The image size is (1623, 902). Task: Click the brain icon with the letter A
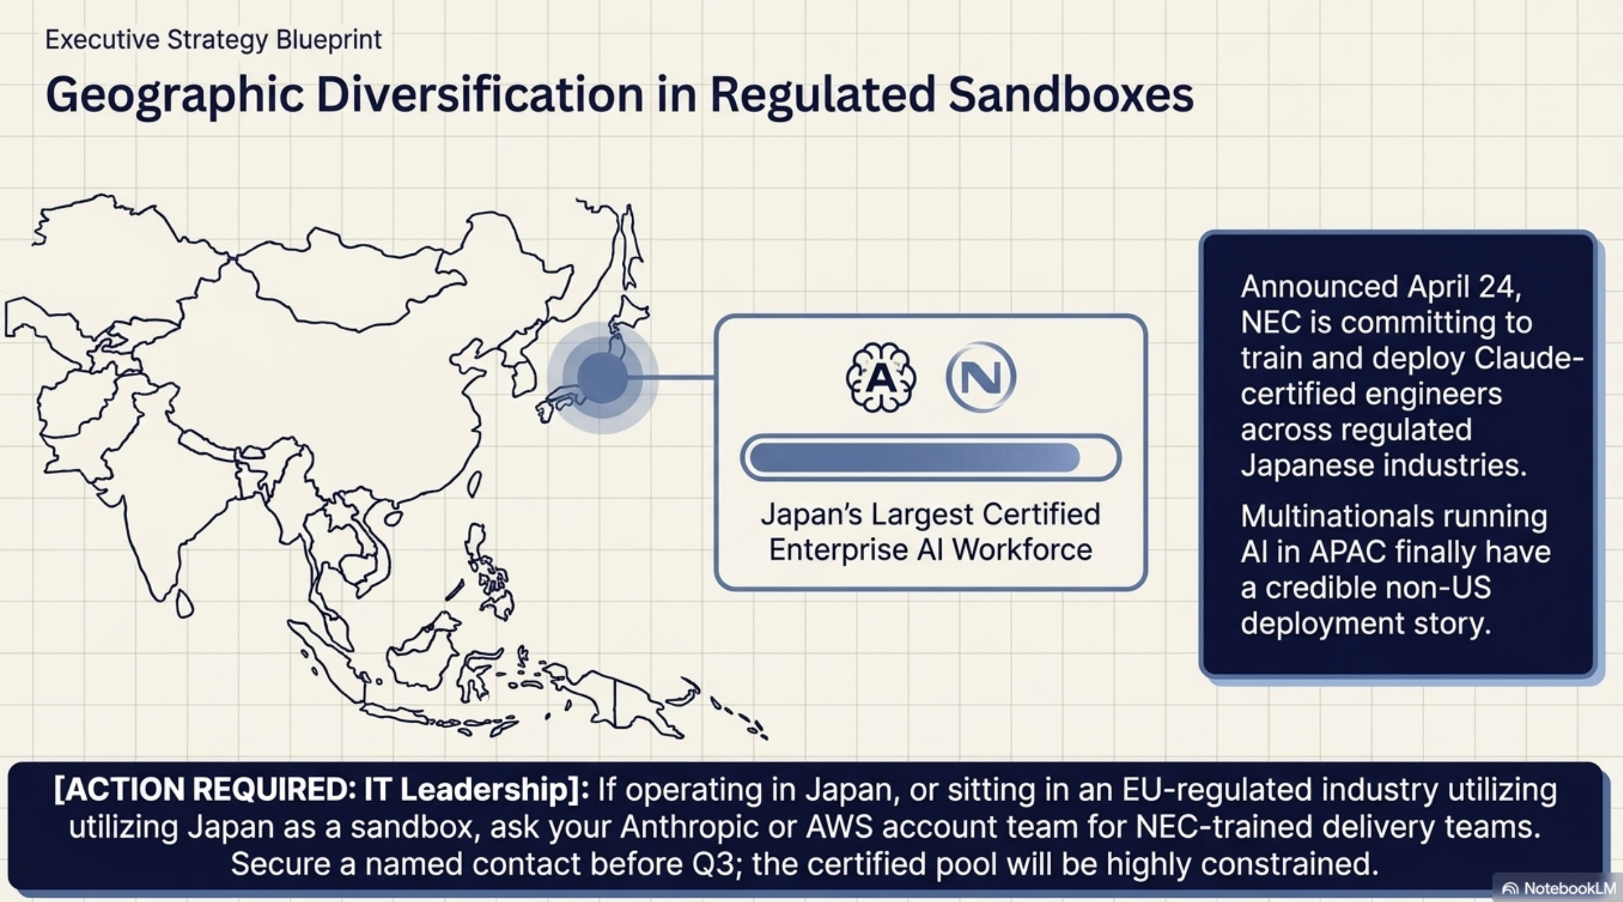click(x=881, y=377)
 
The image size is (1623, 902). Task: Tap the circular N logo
click(x=981, y=377)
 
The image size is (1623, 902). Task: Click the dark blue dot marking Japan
click(x=602, y=377)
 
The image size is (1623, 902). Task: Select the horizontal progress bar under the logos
click(x=931, y=458)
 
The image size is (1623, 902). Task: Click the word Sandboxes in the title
click(x=1071, y=95)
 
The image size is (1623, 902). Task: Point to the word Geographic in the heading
click(x=174, y=95)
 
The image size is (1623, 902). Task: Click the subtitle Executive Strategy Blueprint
click(x=213, y=39)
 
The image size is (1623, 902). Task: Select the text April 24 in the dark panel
click(x=1464, y=286)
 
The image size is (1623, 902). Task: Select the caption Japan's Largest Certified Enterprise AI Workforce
click(x=931, y=532)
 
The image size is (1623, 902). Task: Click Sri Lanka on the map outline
click(x=184, y=603)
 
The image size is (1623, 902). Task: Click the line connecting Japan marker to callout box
click(x=677, y=377)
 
